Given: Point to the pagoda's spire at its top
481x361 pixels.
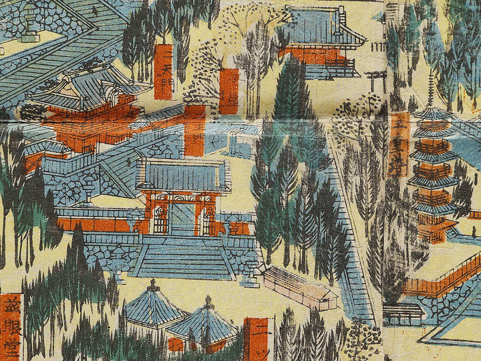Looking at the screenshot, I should click(431, 90).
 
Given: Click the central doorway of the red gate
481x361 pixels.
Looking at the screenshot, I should click(182, 217).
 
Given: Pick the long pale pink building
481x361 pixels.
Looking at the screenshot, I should click(301, 287).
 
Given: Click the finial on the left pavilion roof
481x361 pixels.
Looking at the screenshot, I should click(154, 284).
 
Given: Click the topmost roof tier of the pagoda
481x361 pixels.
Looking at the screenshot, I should click(431, 114).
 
